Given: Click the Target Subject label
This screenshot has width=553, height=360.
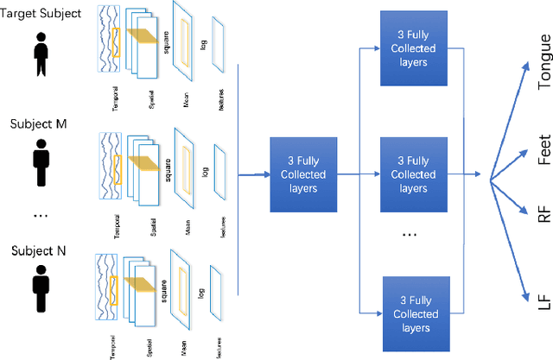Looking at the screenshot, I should pyautogui.click(x=41, y=13).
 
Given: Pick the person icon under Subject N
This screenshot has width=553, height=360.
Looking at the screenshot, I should pyautogui.click(x=40, y=290).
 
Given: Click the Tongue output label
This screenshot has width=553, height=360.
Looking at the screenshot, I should pyautogui.click(x=543, y=63).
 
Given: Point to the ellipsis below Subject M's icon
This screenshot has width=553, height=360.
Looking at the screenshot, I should pyautogui.click(x=39, y=213).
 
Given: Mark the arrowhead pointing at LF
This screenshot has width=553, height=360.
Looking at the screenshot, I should pyautogui.click(x=529, y=296).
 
